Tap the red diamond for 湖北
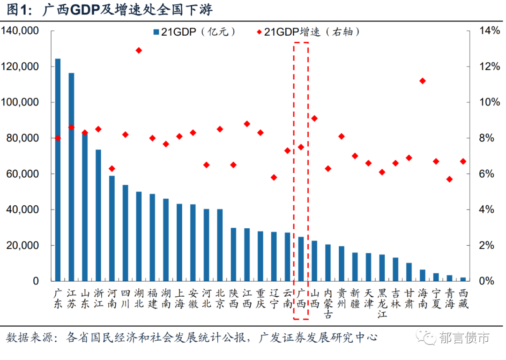(139, 50)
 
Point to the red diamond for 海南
(423, 81)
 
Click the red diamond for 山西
(314, 118)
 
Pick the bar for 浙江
(98, 215)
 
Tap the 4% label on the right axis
(486, 210)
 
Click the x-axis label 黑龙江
(382, 304)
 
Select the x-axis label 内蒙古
(328, 304)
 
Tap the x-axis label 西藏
(463, 299)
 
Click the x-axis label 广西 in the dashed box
(301, 299)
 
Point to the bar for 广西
(301, 259)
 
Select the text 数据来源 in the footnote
(27, 337)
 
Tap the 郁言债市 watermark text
(464, 337)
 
